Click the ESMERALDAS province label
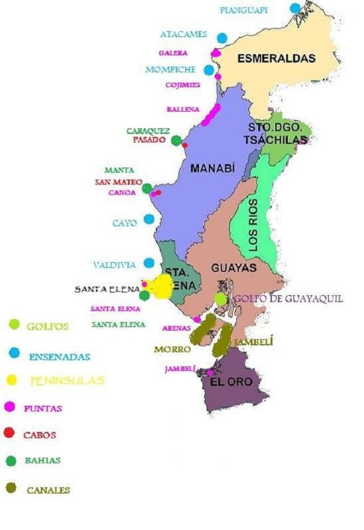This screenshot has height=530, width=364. click(276, 58)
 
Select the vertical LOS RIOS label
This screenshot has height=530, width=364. click(253, 225)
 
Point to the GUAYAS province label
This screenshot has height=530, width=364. click(234, 267)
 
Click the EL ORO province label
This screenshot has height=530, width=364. click(231, 382)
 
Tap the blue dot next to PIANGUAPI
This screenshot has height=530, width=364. click(295, 8)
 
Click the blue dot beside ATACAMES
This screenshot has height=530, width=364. click(222, 38)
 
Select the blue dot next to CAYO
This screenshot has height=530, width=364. click(149, 219)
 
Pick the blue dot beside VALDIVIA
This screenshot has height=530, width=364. click(149, 263)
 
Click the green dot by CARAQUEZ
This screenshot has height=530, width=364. click(176, 140)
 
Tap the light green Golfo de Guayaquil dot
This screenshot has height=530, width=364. click(221, 299)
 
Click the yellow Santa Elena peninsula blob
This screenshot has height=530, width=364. click(161, 286)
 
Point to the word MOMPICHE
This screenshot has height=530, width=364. click(170, 70)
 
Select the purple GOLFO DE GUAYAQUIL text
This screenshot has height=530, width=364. click(288, 299)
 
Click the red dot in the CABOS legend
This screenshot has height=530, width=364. click(9, 433)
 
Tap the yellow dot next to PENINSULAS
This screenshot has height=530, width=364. click(11, 380)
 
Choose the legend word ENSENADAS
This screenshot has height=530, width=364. click(59, 357)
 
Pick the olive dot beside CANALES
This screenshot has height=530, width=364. click(10, 488)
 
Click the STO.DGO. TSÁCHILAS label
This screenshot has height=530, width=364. click(277, 134)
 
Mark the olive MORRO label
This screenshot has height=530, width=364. click(172, 349)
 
